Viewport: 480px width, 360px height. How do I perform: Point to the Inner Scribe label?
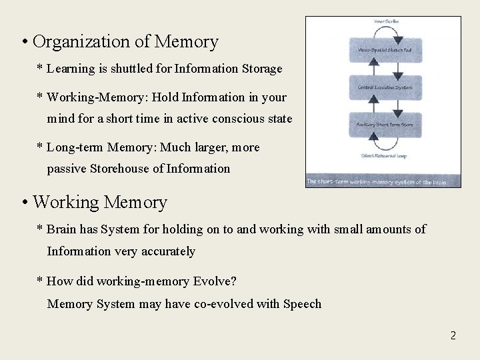tap(386, 22)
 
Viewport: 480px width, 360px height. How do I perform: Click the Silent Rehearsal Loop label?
tap(383, 156)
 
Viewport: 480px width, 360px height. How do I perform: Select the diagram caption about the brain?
tap(383, 181)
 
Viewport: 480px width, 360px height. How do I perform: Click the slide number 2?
tap(453, 335)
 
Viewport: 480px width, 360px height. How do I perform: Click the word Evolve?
tap(215, 281)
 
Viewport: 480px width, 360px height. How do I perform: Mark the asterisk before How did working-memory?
tap(40, 282)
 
